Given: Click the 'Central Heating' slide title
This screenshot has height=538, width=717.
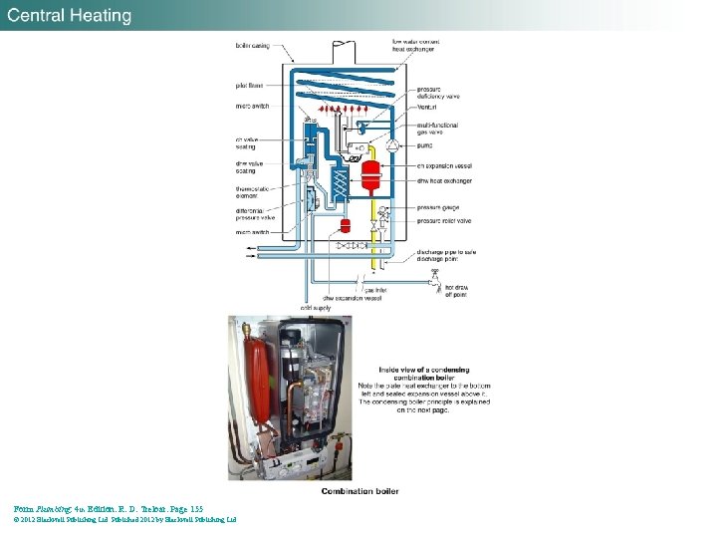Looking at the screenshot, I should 71,16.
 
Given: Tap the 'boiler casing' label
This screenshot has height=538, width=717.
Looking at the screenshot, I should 251,45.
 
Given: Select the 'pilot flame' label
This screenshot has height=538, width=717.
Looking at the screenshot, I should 249,86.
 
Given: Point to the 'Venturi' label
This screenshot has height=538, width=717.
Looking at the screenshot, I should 427,104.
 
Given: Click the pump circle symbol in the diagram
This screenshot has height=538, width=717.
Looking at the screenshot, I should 391,145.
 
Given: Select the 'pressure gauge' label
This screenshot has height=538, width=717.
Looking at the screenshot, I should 440,208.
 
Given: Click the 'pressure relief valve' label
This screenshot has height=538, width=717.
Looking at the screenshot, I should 444,220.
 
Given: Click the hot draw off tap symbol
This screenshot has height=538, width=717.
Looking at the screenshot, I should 433,282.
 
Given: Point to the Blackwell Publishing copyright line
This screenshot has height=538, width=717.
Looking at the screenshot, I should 124,519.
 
